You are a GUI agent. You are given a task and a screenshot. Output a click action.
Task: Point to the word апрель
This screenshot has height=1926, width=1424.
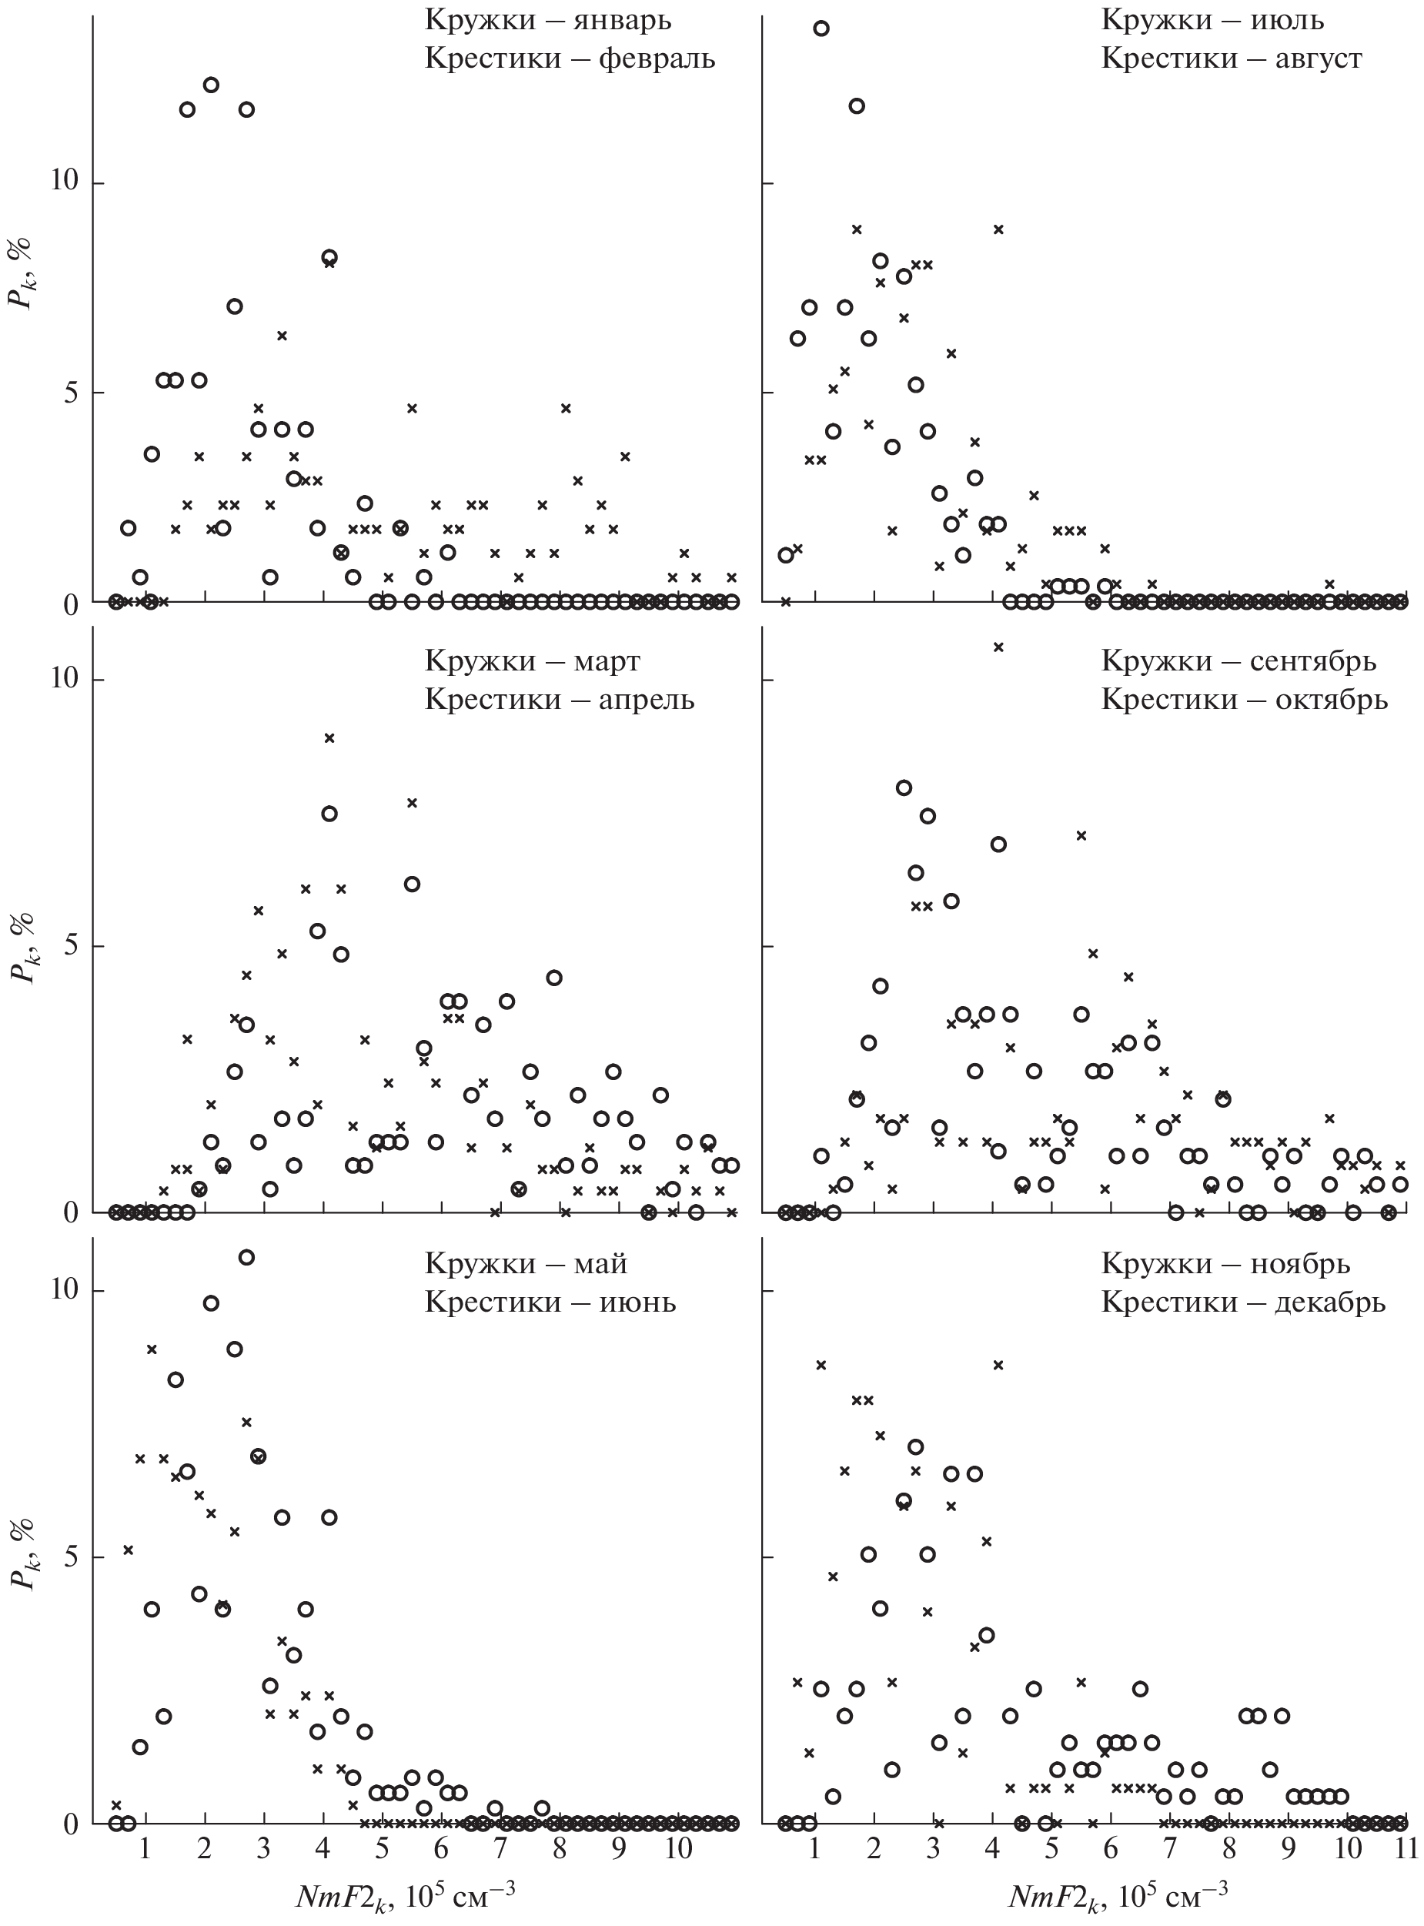[646, 699]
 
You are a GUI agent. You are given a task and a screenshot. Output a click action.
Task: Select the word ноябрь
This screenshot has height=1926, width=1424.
[1300, 1264]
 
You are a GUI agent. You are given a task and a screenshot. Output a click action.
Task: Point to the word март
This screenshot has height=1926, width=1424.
[606, 661]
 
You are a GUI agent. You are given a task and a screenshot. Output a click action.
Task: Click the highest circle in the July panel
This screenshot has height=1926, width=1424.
[821, 28]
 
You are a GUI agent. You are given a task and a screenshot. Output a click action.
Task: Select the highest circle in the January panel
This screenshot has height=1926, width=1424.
[211, 85]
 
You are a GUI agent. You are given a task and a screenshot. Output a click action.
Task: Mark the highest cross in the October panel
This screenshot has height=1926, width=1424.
[998, 647]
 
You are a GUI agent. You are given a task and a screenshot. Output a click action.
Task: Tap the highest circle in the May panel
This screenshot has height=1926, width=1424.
[246, 1258]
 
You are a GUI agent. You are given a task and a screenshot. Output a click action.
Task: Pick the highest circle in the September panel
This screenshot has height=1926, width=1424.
[904, 787]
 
